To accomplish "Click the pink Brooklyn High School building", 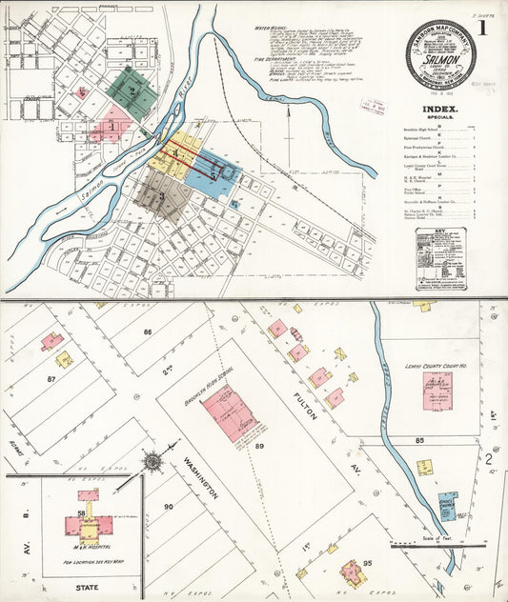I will click(230, 412).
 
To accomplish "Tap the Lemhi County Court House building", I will click(437, 391).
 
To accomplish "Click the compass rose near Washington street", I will click(152, 463).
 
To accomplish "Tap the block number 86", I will click(148, 331).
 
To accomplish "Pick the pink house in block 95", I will click(351, 572).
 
